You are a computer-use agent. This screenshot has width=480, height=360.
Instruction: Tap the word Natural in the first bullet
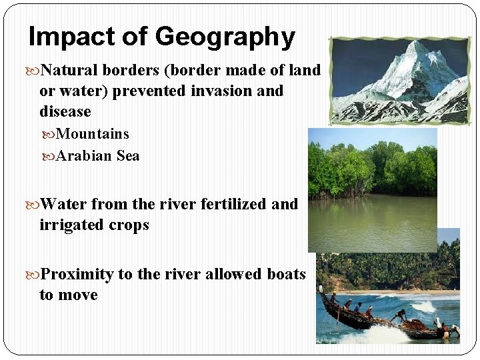(x=69, y=70)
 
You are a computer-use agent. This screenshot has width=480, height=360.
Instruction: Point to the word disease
(x=65, y=111)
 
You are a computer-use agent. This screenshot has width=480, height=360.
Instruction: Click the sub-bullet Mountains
(x=93, y=134)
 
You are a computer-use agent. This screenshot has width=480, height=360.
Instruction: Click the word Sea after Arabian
(x=127, y=156)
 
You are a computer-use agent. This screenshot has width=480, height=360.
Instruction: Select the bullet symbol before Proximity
(x=35, y=275)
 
